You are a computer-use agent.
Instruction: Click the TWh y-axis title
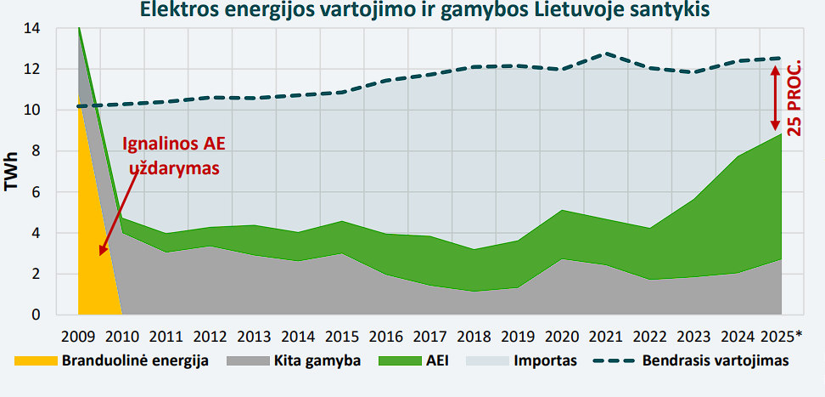pyautogui.click(x=13, y=172)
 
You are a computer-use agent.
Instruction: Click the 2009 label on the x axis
pyautogui.click(x=78, y=333)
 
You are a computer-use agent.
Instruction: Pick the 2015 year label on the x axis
pyautogui.click(x=342, y=333)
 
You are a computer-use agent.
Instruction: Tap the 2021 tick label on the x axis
pyautogui.click(x=605, y=333)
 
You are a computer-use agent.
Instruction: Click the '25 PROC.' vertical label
pyautogui.click(x=795, y=99)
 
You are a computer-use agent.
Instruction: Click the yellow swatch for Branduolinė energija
pyautogui.click(x=35, y=360)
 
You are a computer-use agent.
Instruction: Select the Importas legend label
pyautogui.click(x=545, y=360)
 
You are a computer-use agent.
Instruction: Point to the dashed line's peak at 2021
pyautogui.click(x=605, y=54)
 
